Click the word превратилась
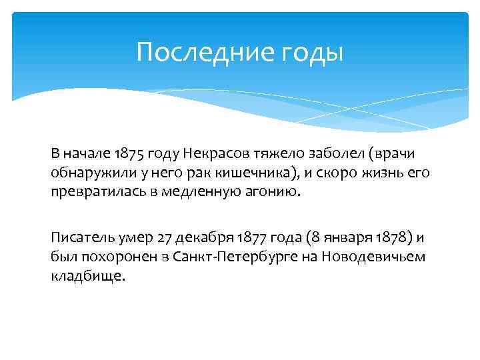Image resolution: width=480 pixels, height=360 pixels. coord(93,192)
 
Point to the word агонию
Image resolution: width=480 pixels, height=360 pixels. coord(277,192)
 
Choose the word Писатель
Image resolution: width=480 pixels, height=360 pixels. coord(79,237)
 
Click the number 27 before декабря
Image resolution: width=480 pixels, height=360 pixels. coord(164,237)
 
